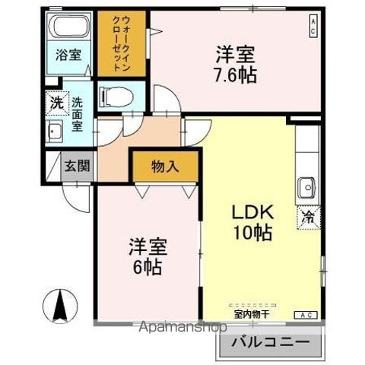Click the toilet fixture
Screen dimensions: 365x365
point(116,96)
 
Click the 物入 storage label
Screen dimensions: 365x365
point(165,166)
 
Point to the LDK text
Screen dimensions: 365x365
point(247,212)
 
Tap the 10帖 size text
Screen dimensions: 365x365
point(247,233)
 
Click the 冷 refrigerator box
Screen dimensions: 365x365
point(308,216)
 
